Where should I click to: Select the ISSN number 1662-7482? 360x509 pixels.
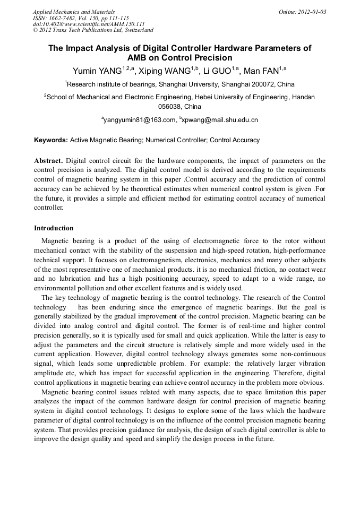[x=62, y=18]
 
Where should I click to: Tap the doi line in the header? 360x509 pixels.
[x=89, y=24]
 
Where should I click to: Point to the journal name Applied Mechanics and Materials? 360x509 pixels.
[x=73, y=11]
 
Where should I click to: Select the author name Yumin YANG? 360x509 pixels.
[x=95, y=71]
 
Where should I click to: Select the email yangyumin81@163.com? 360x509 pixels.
[x=140, y=120]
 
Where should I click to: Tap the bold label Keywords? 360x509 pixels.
[x=51, y=140]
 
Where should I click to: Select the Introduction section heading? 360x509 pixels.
[x=54, y=228]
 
